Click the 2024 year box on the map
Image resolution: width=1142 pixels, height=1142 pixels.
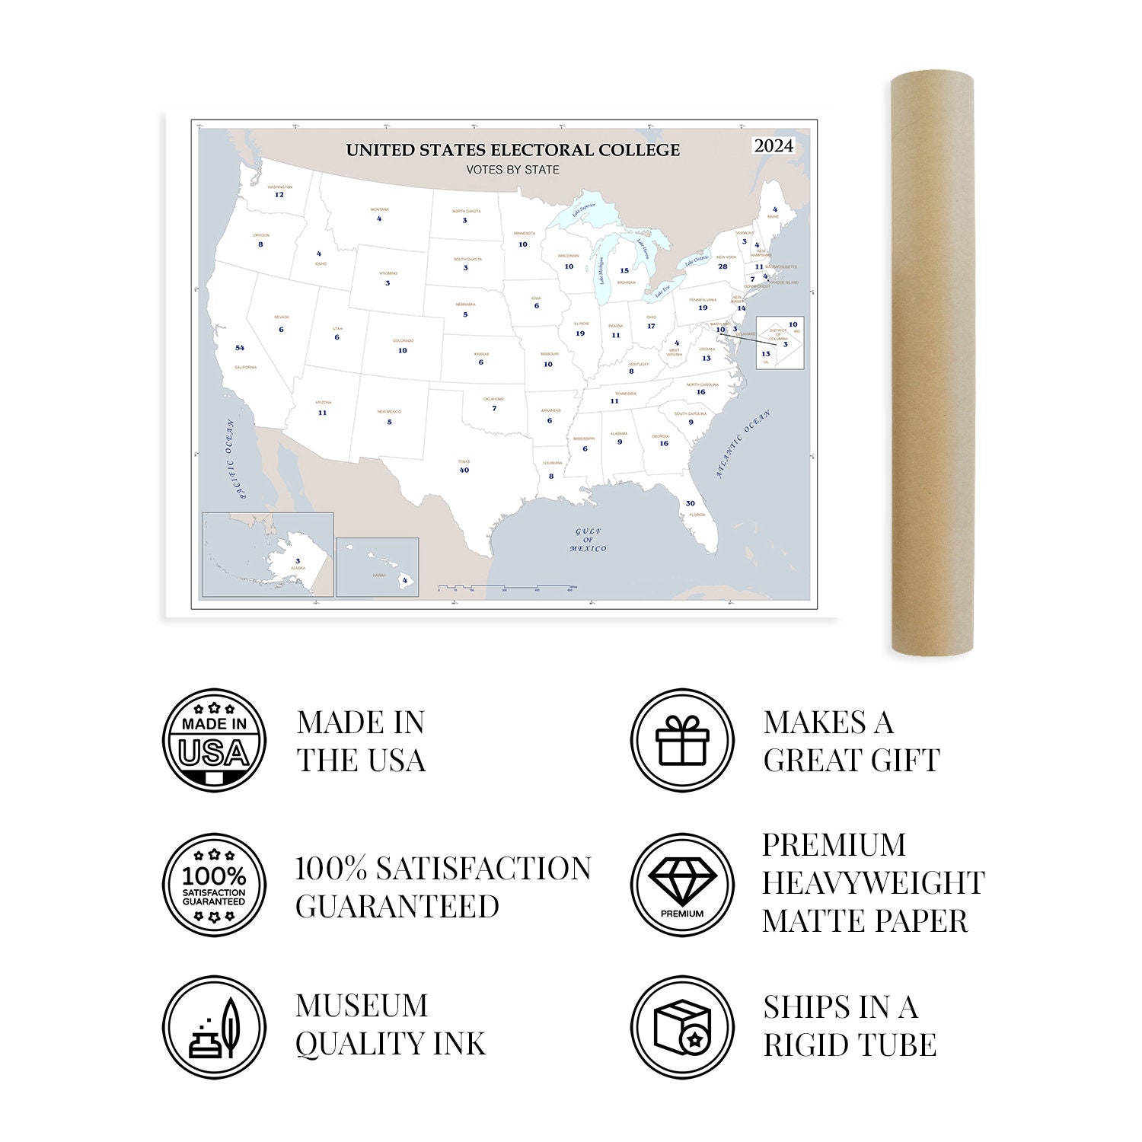tap(774, 145)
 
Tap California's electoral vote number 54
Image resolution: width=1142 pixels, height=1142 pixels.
tap(240, 348)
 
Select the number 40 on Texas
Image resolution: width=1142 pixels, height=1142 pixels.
tap(464, 470)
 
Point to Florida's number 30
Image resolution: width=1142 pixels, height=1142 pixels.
tap(690, 503)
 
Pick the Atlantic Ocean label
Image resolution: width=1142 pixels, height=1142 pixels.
tap(744, 444)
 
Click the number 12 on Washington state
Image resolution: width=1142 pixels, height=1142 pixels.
tap(279, 195)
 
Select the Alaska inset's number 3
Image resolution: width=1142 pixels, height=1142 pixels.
tap(297, 561)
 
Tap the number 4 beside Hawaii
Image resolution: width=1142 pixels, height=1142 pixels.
tap(404, 580)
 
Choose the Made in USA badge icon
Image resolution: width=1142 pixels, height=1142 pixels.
tap(215, 740)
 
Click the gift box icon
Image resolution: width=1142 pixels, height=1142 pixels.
tap(682, 740)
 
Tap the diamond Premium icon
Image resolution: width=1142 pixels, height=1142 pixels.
tap(682, 885)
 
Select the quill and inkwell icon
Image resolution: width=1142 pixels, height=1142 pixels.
tap(215, 1027)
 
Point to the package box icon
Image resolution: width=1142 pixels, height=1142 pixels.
tap(682, 1027)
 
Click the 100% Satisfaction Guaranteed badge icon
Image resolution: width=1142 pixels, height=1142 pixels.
tap(215, 885)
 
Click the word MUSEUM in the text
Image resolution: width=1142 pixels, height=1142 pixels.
tap(362, 1006)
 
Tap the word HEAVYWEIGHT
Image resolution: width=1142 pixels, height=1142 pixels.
tap(873, 883)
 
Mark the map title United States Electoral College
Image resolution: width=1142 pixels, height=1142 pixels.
tap(513, 150)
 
